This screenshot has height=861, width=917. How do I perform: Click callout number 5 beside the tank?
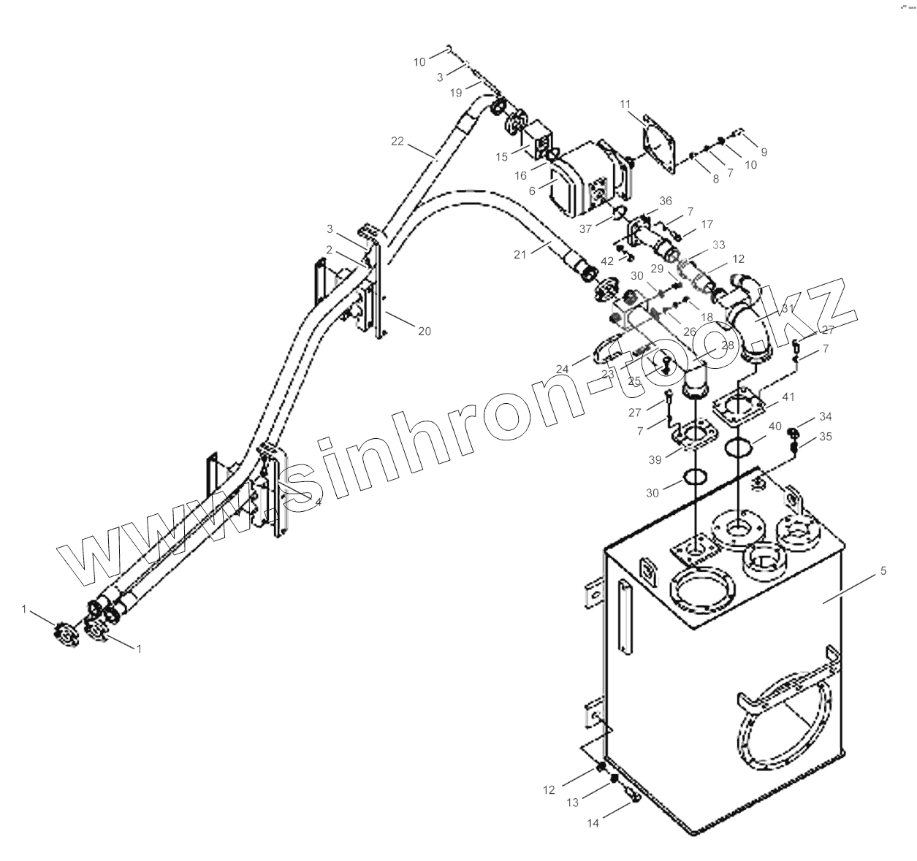click(883, 571)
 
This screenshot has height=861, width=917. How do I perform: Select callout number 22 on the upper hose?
click(397, 141)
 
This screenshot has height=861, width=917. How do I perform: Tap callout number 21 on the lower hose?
click(520, 253)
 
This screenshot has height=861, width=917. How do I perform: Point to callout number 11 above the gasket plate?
click(625, 105)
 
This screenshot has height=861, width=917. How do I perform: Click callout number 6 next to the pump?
click(533, 189)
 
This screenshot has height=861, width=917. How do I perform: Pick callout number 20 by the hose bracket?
click(424, 331)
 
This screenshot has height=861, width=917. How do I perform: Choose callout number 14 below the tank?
click(593, 823)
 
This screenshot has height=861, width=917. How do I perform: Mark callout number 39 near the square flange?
click(655, 459)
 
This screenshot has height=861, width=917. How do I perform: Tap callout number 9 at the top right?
click(764, 152)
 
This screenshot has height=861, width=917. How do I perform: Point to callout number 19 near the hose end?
click(456, 93)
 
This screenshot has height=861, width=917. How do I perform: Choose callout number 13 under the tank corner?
click(572, 803)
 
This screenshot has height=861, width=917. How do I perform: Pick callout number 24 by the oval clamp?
click(562, 370)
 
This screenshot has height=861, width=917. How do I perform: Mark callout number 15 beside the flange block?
click(501, 157)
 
